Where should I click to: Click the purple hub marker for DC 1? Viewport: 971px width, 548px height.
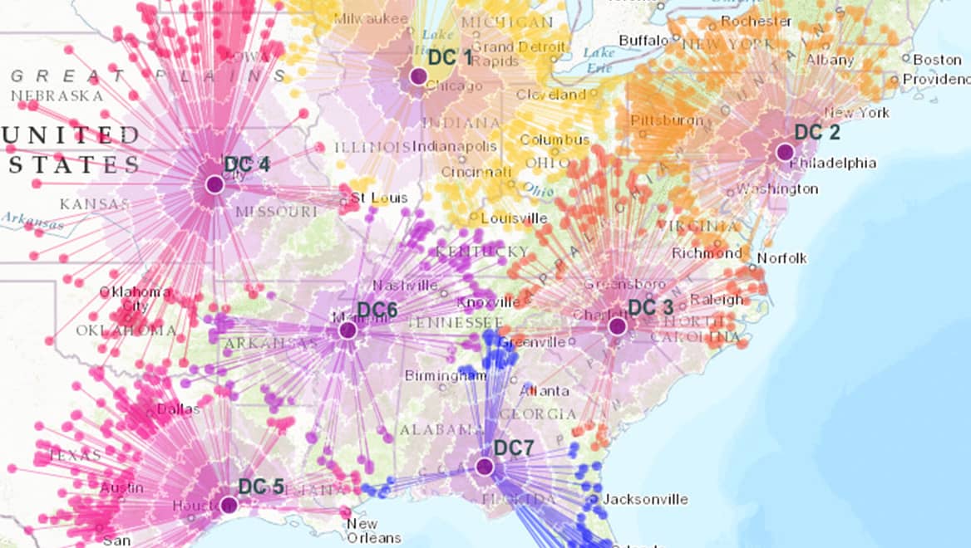point(418,76)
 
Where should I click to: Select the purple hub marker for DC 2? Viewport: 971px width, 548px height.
point(785,152)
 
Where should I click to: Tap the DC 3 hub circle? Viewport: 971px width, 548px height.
point(617,326)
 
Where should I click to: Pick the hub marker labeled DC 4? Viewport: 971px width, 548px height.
point(214,184)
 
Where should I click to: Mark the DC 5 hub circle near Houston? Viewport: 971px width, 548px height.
point(229,505)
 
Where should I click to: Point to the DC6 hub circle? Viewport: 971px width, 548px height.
point(348,330)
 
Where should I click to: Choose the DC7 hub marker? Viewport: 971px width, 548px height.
point(485,467)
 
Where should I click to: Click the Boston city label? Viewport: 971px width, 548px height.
point(937,60)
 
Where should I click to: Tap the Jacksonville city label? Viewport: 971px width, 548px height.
point(645,499)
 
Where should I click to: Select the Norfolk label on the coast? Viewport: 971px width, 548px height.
point(781,258)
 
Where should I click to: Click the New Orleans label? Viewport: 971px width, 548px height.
point(362,530)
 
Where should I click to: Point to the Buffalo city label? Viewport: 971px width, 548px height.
point(643,40)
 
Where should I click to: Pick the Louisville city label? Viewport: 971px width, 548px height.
point(514,218)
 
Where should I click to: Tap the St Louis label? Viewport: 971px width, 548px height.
point(379,198)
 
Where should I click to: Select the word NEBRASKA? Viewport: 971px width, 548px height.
point(57,96)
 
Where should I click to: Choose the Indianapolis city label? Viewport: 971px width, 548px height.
point(454,146)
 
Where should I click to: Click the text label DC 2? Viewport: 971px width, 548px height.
point(817,132)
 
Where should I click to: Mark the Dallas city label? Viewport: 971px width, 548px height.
point(178,409)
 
